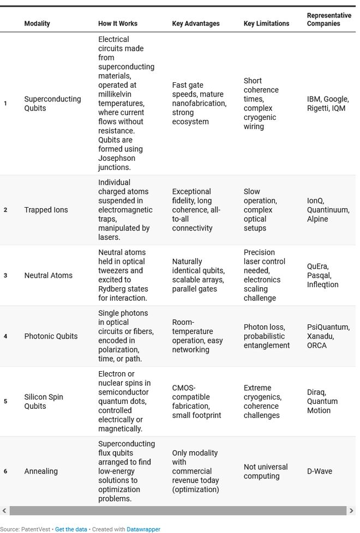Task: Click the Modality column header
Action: point(37,23)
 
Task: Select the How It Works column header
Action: point(117,23)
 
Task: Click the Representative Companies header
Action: point(329,20)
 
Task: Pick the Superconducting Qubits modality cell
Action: point(52,104)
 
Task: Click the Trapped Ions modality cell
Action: point(46,210)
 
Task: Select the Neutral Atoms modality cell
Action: point(48,275)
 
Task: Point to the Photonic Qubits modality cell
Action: point(51,336)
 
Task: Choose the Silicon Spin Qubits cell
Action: point(44,401)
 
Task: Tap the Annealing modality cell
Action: point(41,471)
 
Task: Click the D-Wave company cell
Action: point(320,471)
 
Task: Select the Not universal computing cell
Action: point(266,471)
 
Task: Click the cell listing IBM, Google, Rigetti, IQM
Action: point(327,104)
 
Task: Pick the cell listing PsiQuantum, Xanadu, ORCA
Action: point(328,336)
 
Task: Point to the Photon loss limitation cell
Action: point(266,336)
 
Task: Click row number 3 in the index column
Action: point(5,275)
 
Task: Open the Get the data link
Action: point(71,529)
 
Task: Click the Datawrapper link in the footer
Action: point(143,529)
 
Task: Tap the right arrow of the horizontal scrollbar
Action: point(352,511)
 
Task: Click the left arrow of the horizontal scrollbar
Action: point(4,511)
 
